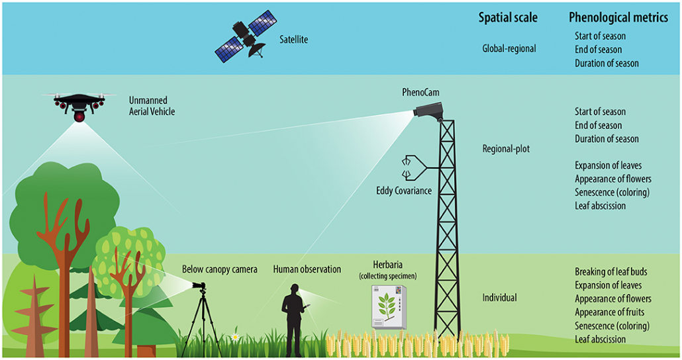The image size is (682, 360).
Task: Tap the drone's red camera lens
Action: [x=79, y=116]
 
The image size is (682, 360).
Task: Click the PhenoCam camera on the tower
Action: [x=428, y=109]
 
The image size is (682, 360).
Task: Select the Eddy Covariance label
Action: [x=404, y=191]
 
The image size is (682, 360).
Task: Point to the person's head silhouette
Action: [x=295, y=289]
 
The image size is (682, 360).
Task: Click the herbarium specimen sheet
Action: [x=388, y=307]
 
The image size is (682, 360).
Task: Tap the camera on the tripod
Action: [x=199, y=286]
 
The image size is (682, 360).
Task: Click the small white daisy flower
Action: [x=235, y=337]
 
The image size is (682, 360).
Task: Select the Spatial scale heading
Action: [x=508, y=17]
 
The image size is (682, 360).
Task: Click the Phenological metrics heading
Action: [x=618, y=17]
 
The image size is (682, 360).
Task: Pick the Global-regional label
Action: [x=509, y=49]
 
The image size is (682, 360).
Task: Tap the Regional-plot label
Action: [x=506, y=149]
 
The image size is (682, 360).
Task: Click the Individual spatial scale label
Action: [x=499, y=298]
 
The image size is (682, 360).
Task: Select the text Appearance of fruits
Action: [x=609, y=312]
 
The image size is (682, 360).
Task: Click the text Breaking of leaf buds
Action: [x=610, y=272]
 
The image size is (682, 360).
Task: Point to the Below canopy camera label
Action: [x=220, y=269]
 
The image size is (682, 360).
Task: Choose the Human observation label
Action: [x=307, y=269]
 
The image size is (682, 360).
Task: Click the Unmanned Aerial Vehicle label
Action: [x=152, y=106]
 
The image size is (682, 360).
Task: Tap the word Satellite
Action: [x=293, y=40]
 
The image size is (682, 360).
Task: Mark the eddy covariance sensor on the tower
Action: [x=414, y=168]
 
